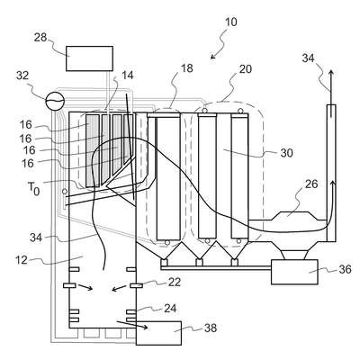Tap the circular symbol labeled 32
(55, 100)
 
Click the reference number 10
(230, 22)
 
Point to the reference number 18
(187, 68)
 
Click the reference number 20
(246, 69)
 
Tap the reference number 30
(286, 153)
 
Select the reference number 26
(311, 184)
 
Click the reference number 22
(174, 282)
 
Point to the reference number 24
(170, 308)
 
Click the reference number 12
(22, 260)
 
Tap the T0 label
(33, 188)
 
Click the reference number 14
(127, 76)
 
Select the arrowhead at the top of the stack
(331, 74)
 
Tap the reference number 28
(40, 38)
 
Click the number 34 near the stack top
(308, 58)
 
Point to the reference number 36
(345, 269)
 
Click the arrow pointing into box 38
(132, 325)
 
